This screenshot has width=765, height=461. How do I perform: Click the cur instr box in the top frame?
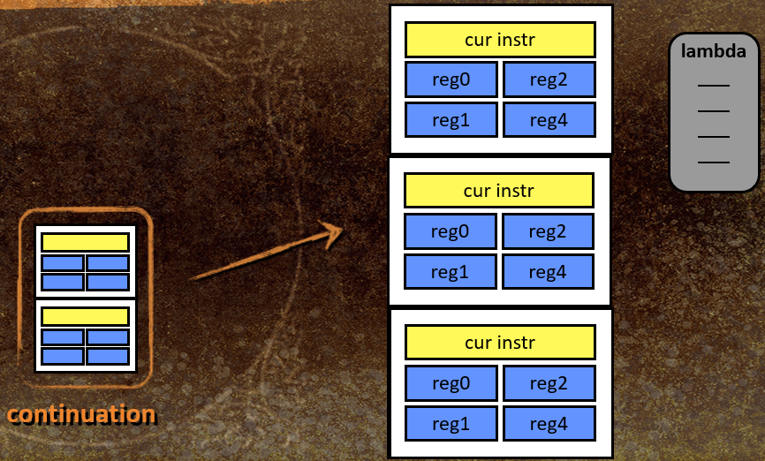[x=500, y=40]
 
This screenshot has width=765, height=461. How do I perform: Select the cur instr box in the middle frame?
[x=498, y=190]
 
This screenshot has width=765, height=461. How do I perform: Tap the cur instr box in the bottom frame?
[x=500, y=342]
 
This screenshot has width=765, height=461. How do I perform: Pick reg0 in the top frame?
[x=451, y=79]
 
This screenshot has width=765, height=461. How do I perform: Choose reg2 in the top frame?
[x=549, y=79]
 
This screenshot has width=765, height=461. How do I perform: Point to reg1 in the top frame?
[x=451, y=119]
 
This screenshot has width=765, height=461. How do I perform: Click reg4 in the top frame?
[x=549, y=119]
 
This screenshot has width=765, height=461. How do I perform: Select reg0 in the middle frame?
[x=450, y=231]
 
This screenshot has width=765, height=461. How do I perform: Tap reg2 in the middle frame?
[x=548, y=231]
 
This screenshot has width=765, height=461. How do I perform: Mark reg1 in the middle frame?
[x=450, y=272]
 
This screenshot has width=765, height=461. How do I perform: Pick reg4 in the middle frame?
[x=548, y=272]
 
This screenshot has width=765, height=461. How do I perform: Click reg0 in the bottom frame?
[x=451, y=383]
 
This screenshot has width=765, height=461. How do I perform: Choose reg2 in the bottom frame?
[x=549, y=383]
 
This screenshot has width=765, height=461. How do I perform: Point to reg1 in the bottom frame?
[x=451, y=423]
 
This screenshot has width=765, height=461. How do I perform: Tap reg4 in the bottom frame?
[x=549, y=423]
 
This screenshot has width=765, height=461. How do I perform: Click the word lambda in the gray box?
[x=714, y=51]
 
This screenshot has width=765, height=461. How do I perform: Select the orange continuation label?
[x=81, y=414]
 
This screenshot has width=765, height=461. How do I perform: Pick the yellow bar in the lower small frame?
[x=86, y=316]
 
